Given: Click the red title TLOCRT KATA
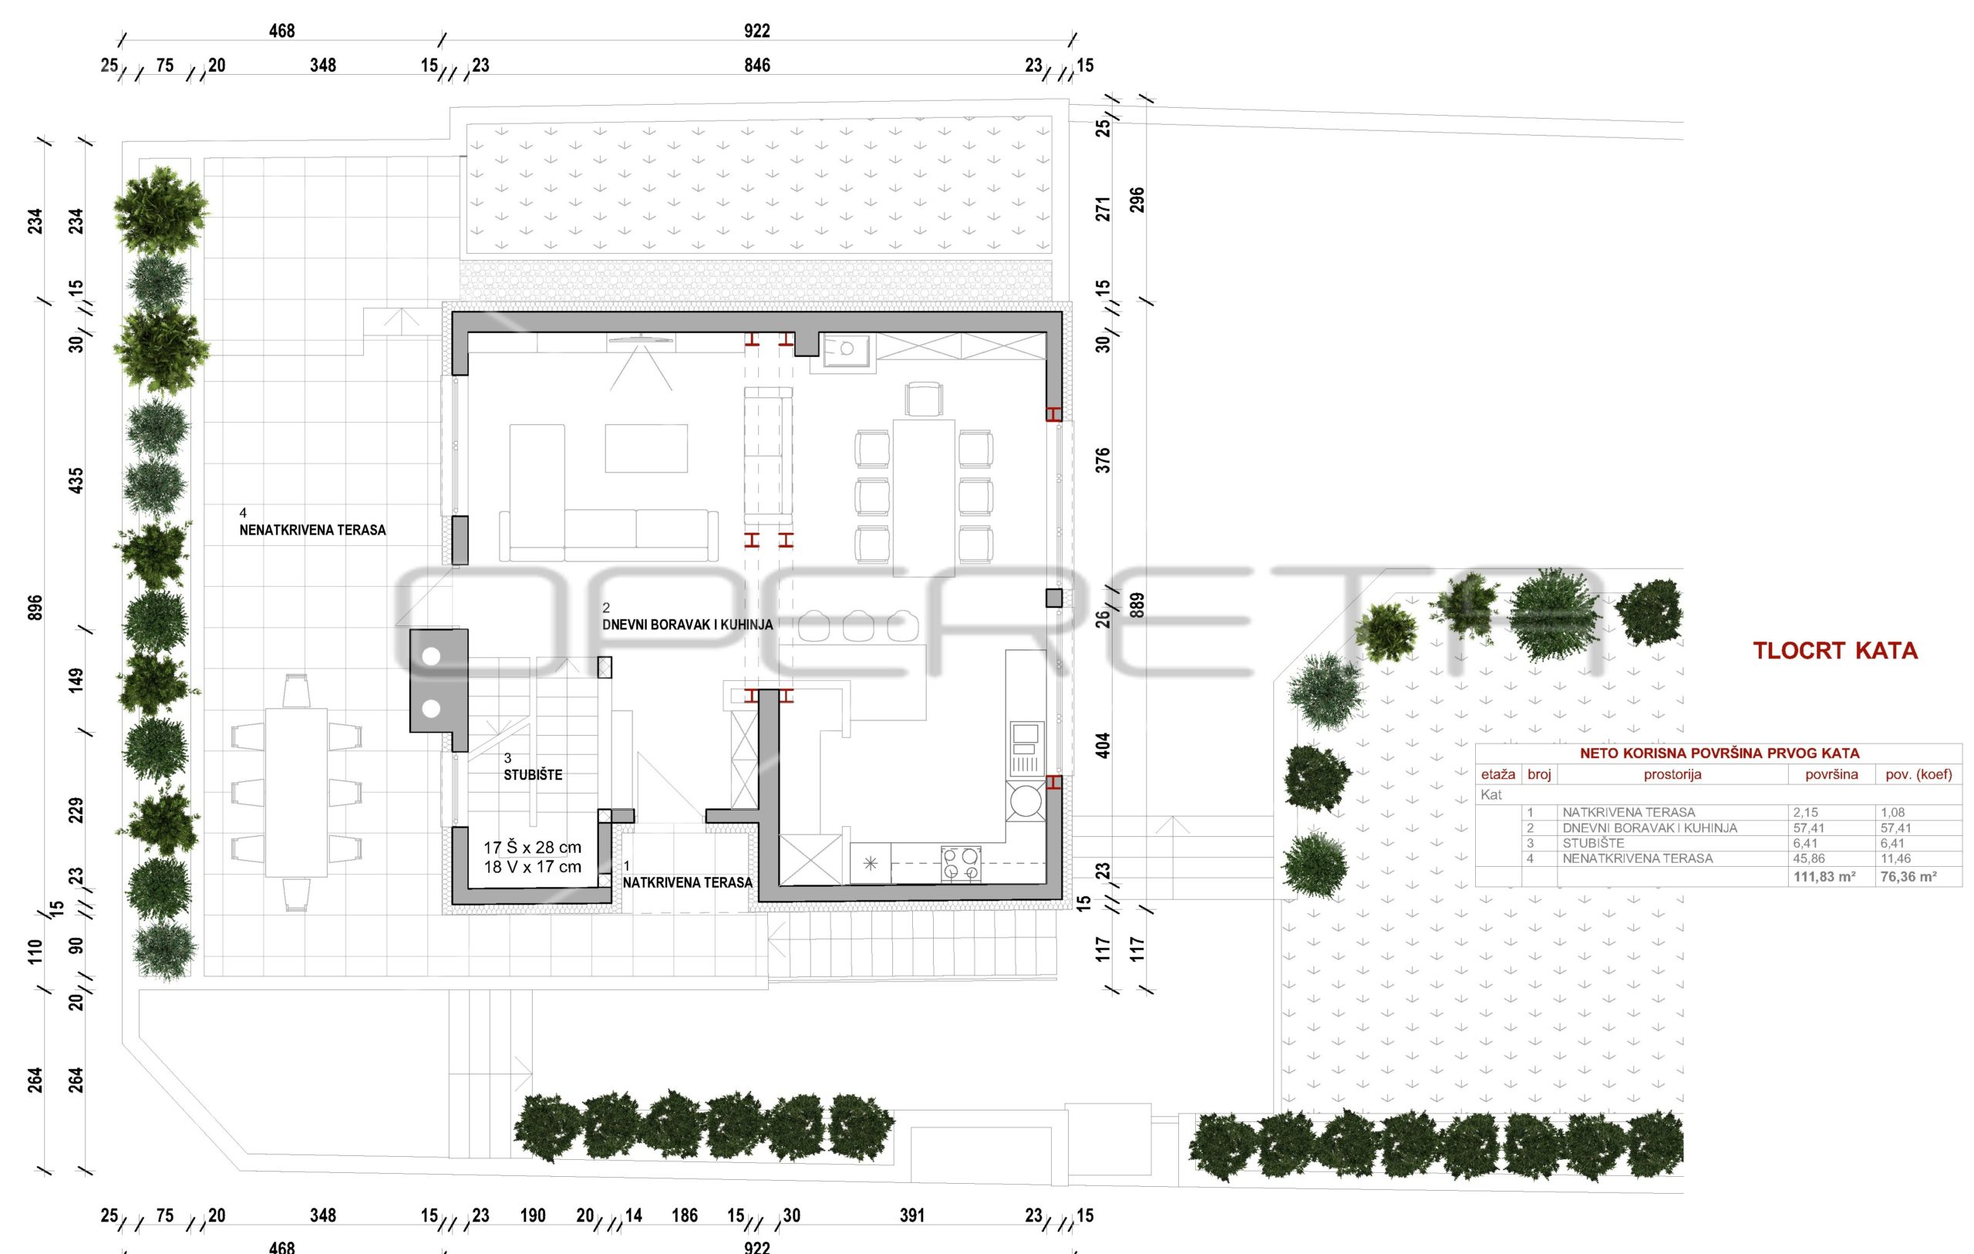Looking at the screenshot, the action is [x=1834, y=651].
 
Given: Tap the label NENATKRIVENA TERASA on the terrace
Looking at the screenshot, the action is [x=312, y=531].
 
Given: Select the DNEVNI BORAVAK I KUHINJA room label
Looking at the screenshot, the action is [x=687, y=625].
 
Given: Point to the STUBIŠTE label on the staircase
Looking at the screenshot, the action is [x=533, y=775].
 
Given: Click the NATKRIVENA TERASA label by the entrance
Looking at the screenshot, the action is [x=687, y=883].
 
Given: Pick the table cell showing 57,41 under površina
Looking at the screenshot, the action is [x=1808, y=828].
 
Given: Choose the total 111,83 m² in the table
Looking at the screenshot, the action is [x=1824, y=877].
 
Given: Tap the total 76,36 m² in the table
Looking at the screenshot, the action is [x=1908, y=877].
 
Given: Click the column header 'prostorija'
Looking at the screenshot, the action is [x=1673, y=775].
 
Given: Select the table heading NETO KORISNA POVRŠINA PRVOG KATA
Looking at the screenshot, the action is [x=1718, y=753].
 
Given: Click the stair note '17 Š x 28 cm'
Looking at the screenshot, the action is [x=532, y=848].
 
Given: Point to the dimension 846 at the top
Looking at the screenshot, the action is [x=756, y=66].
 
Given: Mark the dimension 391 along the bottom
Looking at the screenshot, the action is [x=911, y=1216].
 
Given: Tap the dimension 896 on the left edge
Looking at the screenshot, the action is [x=35, y=608].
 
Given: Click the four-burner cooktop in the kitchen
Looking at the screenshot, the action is [x=961, y=864].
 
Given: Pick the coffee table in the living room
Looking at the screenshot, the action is [x=646, y=448].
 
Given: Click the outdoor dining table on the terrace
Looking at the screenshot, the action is [x=296, y=793].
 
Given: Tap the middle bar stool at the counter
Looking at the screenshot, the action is [x=857, y=625].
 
